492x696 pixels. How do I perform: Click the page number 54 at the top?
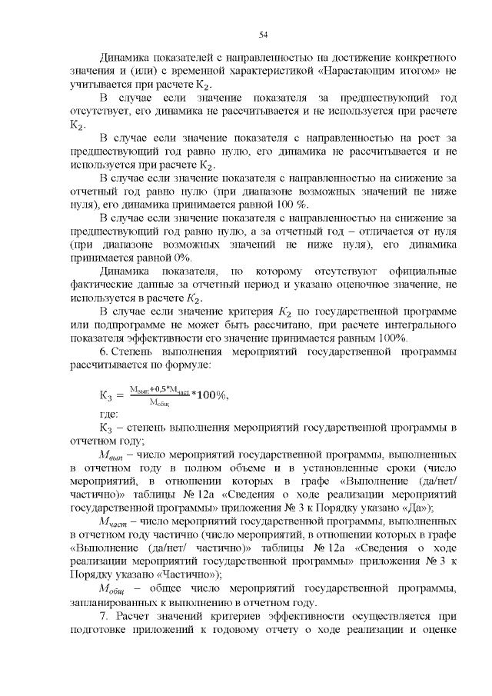(x=262, y=35)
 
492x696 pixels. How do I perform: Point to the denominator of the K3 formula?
(x=159, y=401)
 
